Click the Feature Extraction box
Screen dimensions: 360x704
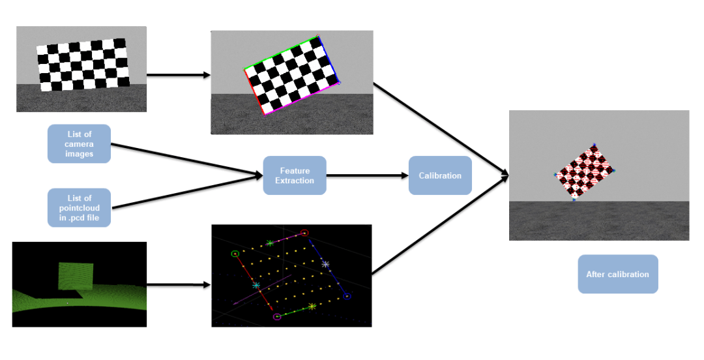(294, 175)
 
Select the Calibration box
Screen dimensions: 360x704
(440, 175)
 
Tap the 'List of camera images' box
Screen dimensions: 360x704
(79, 144)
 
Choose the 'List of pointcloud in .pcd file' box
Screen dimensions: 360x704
(79, 207)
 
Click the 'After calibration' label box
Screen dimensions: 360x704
(617, 274)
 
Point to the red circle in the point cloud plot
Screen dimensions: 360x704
(304, 232)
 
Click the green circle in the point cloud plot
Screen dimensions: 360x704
(235, 253)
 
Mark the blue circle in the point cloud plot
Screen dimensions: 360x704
(347, 296)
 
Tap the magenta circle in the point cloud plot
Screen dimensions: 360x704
(277, 317)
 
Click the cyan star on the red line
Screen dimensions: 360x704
(256, 285)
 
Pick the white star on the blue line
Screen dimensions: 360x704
(325, 264)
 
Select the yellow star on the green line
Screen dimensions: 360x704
(312, 306)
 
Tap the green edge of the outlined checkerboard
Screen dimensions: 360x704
(280, 53)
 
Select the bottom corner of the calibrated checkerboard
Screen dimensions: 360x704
(574, 199)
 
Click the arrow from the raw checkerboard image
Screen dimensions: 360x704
(178, 75)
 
